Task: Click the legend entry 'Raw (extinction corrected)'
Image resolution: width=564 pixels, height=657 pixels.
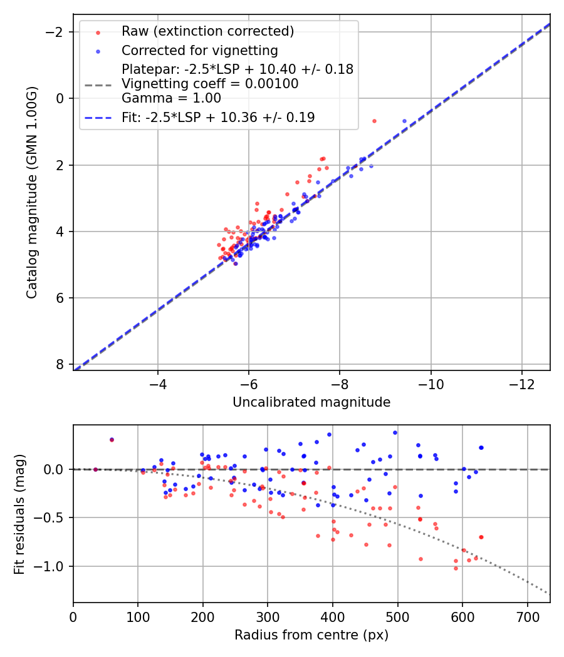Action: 207,31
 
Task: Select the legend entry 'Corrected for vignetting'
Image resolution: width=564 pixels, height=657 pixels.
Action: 200,50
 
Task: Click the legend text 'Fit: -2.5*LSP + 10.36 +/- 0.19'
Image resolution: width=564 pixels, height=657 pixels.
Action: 218,117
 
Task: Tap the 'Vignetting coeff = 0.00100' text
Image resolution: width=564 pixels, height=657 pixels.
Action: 210,83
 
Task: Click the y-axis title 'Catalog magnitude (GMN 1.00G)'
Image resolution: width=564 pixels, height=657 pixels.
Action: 32,192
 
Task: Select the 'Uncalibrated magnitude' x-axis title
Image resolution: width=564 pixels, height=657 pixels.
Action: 311,402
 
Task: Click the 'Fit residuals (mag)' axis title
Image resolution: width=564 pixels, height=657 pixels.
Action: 19,514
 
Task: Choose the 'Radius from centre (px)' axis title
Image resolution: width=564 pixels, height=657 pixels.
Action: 311,635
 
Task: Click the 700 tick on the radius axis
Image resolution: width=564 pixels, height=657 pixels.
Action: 527,616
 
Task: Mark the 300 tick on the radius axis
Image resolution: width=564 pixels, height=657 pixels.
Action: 268,616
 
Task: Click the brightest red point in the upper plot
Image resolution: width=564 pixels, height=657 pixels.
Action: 374,121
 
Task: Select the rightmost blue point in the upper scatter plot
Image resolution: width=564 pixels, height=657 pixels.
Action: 404,121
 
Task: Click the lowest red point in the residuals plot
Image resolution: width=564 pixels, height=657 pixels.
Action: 456,568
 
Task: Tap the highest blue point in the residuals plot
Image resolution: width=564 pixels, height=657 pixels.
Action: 395,432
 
